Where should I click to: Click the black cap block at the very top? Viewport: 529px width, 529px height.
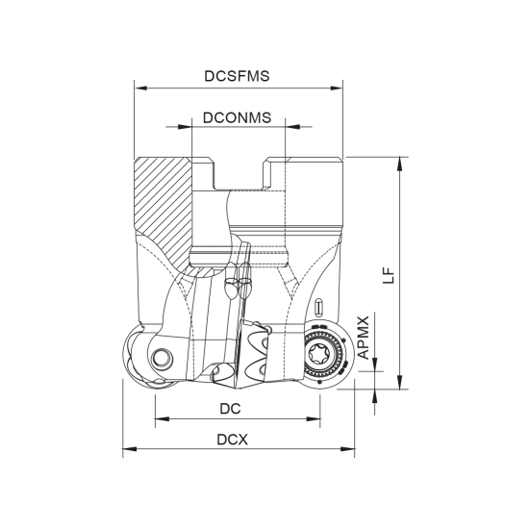[x=236, y=76]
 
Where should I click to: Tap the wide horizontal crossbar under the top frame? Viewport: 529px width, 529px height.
[x=238, y=126]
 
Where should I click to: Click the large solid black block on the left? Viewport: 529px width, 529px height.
[x=164, y=202]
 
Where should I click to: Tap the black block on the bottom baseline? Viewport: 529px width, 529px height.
[x=235, y=440]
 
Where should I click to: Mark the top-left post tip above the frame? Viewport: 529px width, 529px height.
[x=134, y=81]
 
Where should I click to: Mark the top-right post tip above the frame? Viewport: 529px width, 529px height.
[x=342, y=81]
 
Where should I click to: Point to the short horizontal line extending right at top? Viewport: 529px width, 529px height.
[x=380, y=156]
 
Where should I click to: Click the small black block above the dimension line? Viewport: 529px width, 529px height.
[x=231, y=408]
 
